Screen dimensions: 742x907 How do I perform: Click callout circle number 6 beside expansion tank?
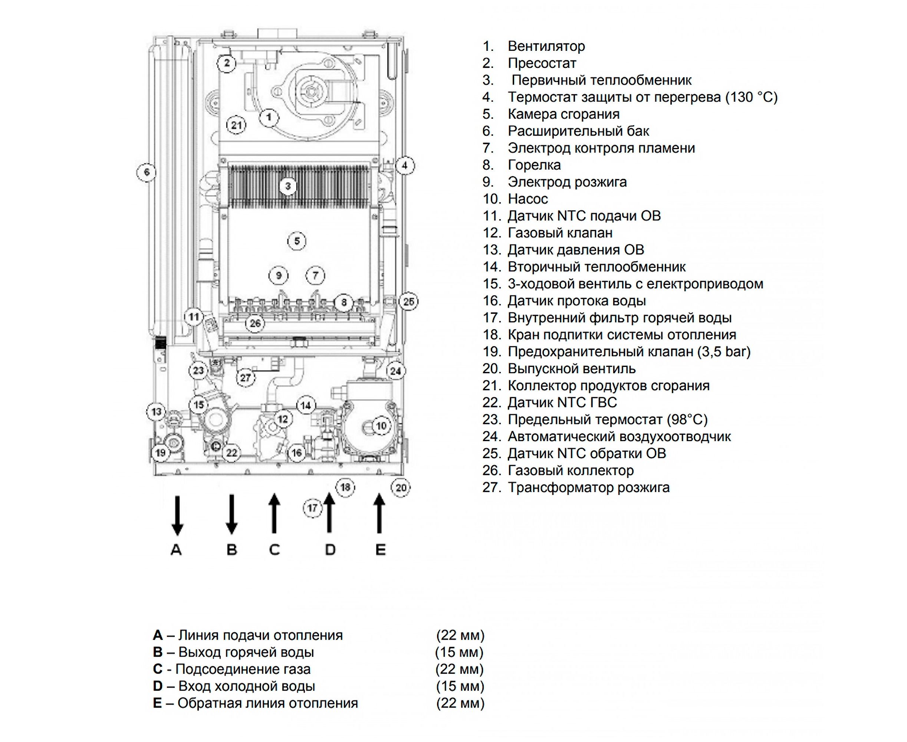tap(147, 172)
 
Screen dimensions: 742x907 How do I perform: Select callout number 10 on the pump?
tap(381, 426)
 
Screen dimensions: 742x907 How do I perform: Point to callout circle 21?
tap(236, 125)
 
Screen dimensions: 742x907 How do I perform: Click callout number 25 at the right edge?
tap(409, 302)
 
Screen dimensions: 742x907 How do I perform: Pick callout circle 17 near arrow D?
tap(312, 508)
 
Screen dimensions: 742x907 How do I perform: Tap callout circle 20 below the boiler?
tap(401, 488)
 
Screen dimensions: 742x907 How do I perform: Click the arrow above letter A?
tap(177, 515)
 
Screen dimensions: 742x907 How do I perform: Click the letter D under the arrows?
tap(330, 550)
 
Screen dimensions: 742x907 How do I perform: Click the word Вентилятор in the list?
tap(546, 46)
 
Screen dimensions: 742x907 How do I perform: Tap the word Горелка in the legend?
tap(534, 165)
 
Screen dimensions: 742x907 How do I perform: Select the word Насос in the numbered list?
tap(528, 199)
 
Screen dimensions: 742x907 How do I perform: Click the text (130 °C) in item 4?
tap(751, 97)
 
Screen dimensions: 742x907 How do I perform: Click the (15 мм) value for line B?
tap(459, 652)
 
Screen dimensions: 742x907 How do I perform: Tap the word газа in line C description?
tap(295, 669)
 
